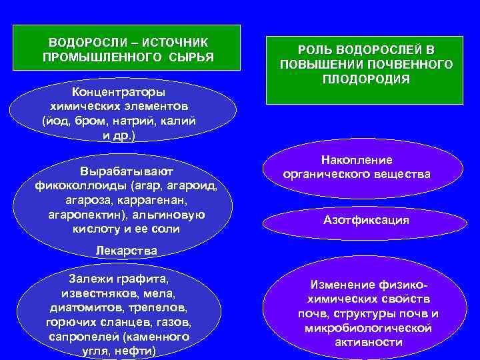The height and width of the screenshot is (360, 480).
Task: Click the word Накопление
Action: click(357, 160)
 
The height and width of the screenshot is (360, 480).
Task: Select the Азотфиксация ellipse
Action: click(366, 219)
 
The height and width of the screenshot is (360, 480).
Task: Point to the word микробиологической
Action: click(367, 328)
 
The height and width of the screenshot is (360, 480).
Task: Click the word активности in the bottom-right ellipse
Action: click(367, 342)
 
